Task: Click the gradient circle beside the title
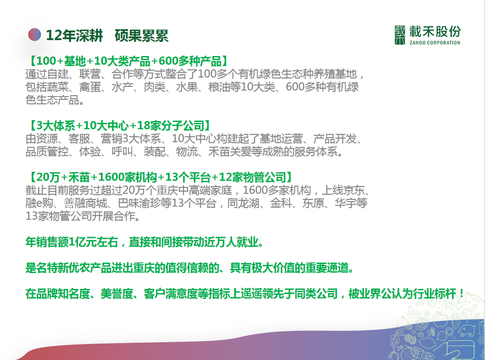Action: point(34,35)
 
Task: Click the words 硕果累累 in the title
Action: point(142,35)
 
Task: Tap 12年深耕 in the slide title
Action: point(74,35)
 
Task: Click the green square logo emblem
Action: point(400,35)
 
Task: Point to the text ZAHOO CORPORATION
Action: point(435,43)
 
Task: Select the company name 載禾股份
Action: point(435,31)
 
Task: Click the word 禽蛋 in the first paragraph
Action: point(90,87)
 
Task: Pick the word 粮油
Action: point(220,87)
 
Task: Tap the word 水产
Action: point(123,87)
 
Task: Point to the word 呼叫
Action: point(123,152)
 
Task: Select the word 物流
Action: point(187,152)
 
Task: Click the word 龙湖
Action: point(249,203)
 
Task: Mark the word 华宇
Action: point(346,203)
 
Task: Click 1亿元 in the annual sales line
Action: point(82,242)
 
